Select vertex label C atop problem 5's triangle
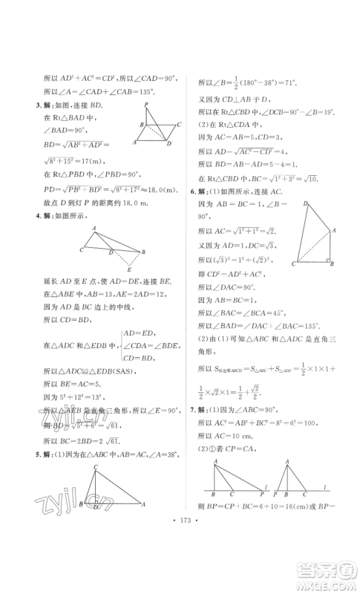(96, 466)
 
